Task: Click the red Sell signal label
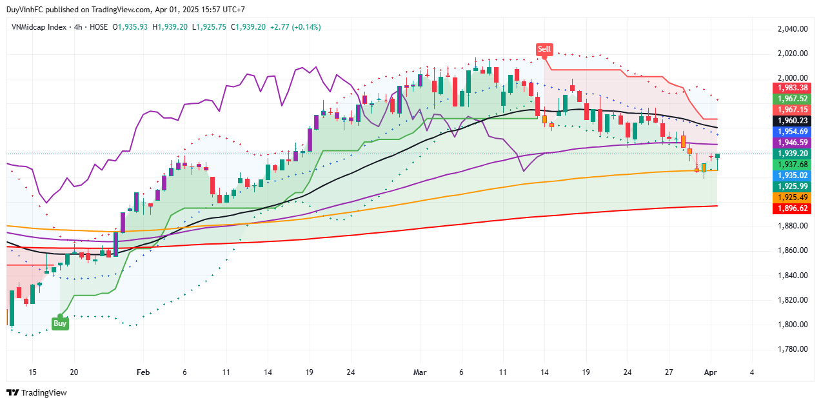tap(544, 49)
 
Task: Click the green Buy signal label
tap(60, 323)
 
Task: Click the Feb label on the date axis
tap(143, 372)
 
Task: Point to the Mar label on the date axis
tap(420, 372)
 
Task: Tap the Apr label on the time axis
tap(711, 372)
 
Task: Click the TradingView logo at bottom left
tap(37, 392)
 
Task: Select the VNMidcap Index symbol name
tap(39, 27)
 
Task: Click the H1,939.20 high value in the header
tap(170, 27)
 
